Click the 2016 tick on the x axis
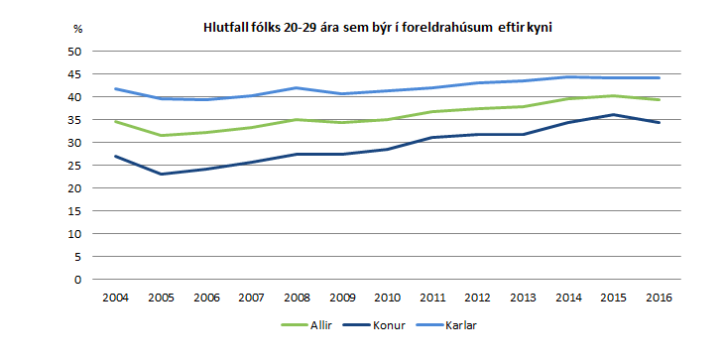point(660,297)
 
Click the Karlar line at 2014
point(569,77)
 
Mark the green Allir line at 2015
point(615,96)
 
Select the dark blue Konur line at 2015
point(615,115)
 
